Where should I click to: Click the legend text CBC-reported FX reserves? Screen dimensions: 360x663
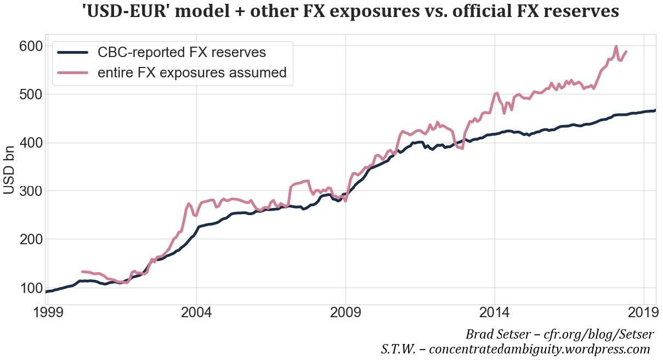[x=182, y=53]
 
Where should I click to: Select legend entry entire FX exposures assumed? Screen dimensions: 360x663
[x=192, y=72]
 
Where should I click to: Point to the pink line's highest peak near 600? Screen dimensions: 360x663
[x=616, y=47]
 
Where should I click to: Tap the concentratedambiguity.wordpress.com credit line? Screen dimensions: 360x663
[x=539, y=349]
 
